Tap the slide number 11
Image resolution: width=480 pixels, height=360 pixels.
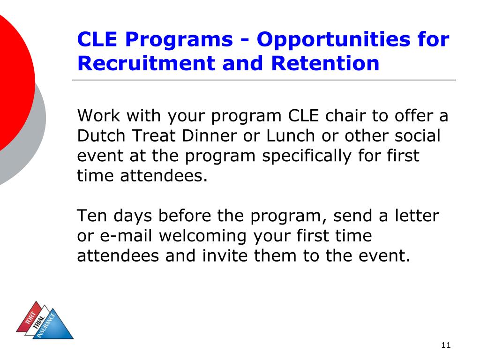coord(445,345)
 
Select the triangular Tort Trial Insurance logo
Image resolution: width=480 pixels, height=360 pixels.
coord(45,321)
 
